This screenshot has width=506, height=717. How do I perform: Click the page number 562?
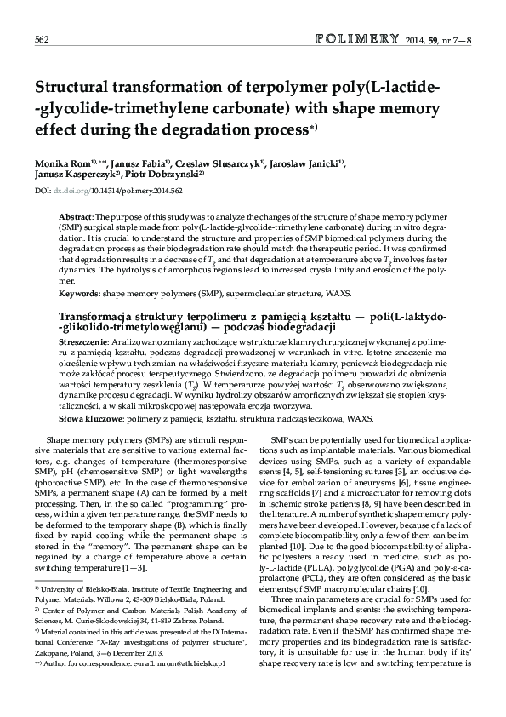tap(41, 39)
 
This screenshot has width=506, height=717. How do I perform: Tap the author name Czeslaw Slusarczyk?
tap(220, 163)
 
